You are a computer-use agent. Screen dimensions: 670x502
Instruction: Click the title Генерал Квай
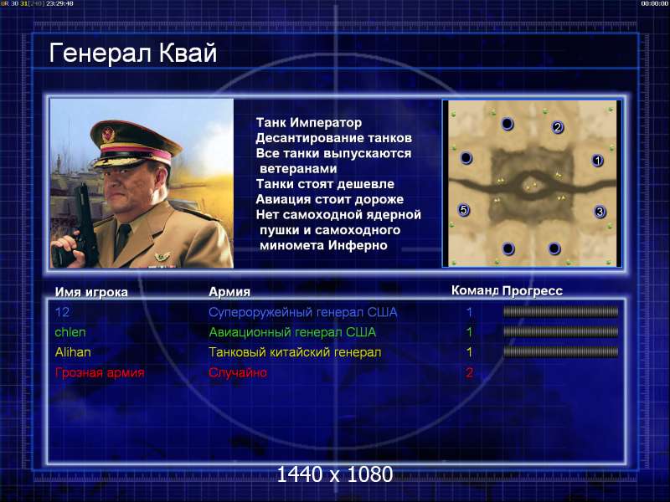coord(133,54)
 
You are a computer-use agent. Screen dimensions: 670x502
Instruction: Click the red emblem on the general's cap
coord(107,135)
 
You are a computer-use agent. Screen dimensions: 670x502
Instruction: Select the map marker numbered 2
coord(557,127)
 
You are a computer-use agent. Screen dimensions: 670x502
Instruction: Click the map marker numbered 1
coord(597,161)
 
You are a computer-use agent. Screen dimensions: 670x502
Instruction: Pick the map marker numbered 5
coord(464,210)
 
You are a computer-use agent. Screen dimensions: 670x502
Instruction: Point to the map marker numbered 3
coord(600,212)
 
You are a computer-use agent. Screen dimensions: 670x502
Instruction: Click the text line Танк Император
coord(309,122)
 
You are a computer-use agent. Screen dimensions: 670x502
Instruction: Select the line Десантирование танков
coord(333,138)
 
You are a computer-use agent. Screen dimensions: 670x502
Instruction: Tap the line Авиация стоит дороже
coord(330,199)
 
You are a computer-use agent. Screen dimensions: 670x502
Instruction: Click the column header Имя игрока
coord(91,292)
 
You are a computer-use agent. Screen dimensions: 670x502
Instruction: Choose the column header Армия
coord(229,291)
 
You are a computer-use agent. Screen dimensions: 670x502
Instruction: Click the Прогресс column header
coord(533,290)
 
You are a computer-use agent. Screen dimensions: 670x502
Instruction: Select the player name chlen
coord(70,332)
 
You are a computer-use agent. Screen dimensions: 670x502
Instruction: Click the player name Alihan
coord(73,352)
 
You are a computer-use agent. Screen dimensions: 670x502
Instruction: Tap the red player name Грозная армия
coord(100,372)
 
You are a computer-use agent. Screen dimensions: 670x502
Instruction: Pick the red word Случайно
coord(238,372)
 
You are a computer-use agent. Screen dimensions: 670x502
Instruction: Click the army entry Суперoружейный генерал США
coord(303,312)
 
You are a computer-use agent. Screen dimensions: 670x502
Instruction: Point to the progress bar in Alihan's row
coord(560,352)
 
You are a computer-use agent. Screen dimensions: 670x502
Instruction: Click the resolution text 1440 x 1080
coord(334,474)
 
